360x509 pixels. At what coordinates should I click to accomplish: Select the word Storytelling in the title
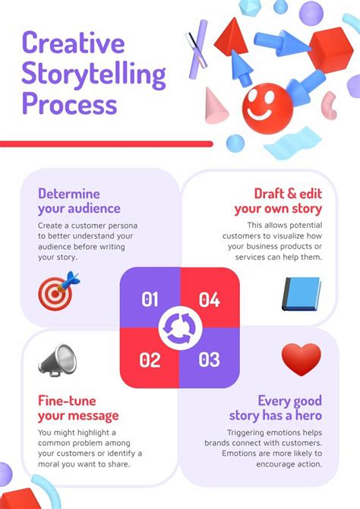click(93, 74)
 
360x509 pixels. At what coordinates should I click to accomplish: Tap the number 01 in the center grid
click(150, 299)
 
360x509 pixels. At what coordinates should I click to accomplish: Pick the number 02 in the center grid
click(150, 359)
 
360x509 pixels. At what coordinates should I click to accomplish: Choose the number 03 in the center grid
click(209, 359)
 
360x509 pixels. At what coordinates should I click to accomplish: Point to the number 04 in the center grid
click(209, 299)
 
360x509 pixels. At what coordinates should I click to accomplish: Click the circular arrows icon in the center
click(179, 328)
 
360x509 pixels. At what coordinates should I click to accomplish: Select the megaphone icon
click(58, 360)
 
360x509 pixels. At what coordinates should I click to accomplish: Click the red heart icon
click(301, 359)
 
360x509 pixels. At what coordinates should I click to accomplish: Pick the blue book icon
click(302, 292)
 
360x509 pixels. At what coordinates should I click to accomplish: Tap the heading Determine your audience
click(79, 201)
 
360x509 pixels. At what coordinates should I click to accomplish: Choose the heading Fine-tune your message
click(78, 408)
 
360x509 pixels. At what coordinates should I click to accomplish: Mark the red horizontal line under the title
click(106, 143)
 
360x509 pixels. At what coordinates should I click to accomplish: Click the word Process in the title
click(69, 103)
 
